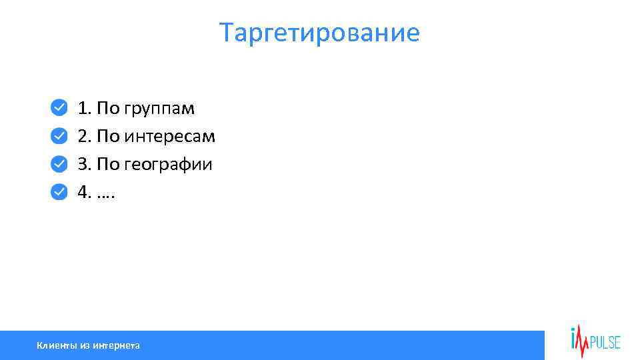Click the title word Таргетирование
point(320,32)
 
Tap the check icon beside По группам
point(59,107)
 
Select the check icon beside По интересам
point(59,136)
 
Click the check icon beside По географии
point(59,164)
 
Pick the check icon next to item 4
point(59,192)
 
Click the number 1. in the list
point(85,108)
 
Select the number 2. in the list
point(85,136)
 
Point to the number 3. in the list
point(85,164)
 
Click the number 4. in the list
point(85,192)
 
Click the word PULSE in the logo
point(605,343)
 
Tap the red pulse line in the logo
point(582,341)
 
